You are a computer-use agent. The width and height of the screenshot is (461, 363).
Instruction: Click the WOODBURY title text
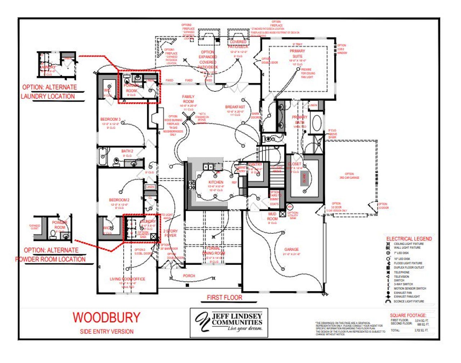(x=106, y=317)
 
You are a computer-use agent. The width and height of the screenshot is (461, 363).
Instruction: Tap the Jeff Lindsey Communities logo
(x=229, y=322)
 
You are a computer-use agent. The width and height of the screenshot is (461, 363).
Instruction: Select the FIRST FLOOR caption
(x=224, y=297)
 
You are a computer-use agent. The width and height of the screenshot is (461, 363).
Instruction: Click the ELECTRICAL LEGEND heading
(x=409, y=239)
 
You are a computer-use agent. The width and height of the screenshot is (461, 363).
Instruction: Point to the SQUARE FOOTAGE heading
(x=408, y=315)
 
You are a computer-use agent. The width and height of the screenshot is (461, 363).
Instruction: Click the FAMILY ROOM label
(x=188, y=99)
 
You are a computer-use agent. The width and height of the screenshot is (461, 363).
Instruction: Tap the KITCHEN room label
(x=216, y=182)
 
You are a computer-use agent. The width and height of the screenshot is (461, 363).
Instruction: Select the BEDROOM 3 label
(x=110, y=119)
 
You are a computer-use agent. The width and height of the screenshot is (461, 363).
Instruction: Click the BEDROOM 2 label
(x=119, y=200)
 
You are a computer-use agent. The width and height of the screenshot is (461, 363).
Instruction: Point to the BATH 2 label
(x=127, y=151)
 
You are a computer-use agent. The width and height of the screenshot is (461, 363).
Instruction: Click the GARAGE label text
(x=291, y=249)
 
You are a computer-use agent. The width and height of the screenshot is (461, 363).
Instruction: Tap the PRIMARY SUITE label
(x=297, y=54)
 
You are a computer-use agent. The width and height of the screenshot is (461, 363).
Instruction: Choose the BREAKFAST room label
(x=235, y=107)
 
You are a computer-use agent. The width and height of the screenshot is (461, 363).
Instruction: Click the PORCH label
(x=189, y=276)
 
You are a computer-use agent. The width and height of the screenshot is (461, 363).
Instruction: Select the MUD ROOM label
(x=272, y=216)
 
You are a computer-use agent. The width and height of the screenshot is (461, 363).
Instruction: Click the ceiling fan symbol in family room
(x=188, y=118)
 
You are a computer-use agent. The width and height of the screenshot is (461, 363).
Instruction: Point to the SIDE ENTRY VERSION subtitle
(x=107, y=331)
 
